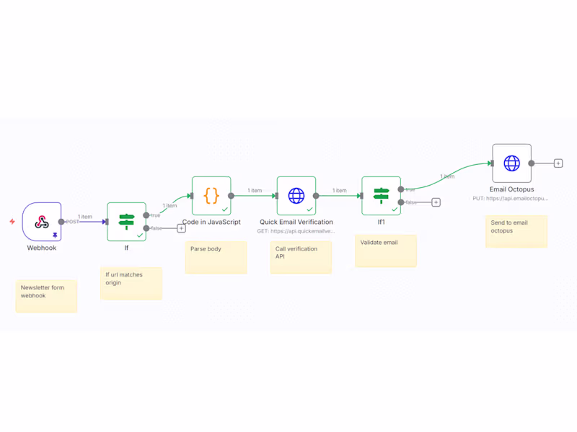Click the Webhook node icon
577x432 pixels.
pyautogui.click(x=41, y=222)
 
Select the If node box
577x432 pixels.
pyautogui.click(x=126, y=221)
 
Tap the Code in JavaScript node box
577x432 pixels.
pyautogui.click(x=211, y=195)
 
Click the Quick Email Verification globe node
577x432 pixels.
pyautogui.click(x=296, y=195)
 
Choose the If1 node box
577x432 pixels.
pyautogui.click(x=381, y=195)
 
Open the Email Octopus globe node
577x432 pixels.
pyautogui.click(x=511, y=163)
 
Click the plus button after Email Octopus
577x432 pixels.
pyautogui.click(x=558, y=163)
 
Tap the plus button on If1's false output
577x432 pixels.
pyautogui.click(x=436, y=202)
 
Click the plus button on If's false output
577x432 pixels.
pyautogui.click(x=181, y=228)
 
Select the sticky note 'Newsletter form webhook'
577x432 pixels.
pyautogui.click(x=46, y=296)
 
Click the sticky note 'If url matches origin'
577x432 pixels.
pyautogui.click(x=131, y=283)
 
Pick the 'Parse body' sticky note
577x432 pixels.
pyautogui.click(x=216, y=257)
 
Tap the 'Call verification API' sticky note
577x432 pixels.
pyautogui.click(x=301, y=257)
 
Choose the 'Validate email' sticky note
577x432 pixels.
pyautogui.click(x=386, y=251)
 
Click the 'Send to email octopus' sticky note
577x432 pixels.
pyautogui.click(x=516, y=231)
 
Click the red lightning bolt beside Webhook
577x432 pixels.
pyautogui.click(x=12, y=222)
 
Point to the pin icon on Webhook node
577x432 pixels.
pyautogui.click(x=55, y=235)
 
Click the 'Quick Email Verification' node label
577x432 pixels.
pyautogui.click(x=296, y=222)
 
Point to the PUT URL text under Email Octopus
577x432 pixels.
pyautogui.click(x=511, y=198)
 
